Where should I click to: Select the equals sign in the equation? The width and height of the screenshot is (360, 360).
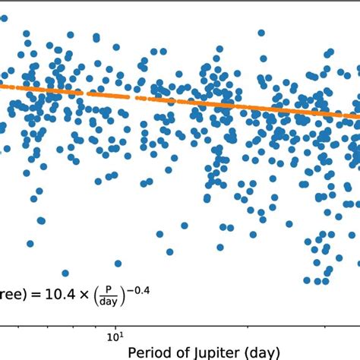(x=36, y=292)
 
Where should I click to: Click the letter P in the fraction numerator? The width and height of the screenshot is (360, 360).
(x=109, y=286)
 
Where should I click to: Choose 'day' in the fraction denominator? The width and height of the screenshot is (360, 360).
(x=109, y=299)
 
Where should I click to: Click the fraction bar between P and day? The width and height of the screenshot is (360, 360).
(x=109, y=293)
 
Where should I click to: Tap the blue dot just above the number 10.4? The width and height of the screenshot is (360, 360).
(x=65, y=273)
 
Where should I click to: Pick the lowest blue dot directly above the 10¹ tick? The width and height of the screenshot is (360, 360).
(x=118, y=264)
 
